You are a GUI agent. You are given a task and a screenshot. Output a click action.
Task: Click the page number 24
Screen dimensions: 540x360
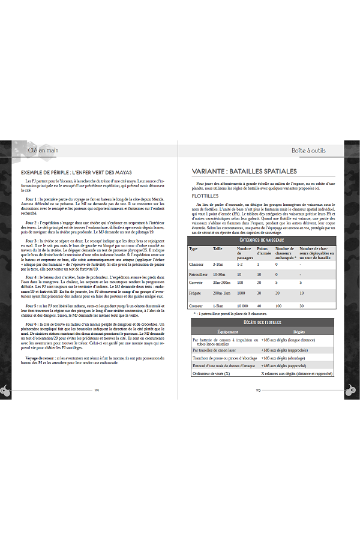tap(97, 389)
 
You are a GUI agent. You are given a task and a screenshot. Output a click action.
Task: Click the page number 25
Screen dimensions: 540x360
tap(258, 389)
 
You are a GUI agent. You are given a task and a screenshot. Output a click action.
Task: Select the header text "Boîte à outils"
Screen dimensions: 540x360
tap(308, 151)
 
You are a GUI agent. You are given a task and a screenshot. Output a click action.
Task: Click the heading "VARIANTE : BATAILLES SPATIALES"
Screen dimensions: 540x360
tap(245, 172)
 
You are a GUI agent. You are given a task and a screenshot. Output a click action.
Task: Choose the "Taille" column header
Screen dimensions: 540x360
tap(218, 249)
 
